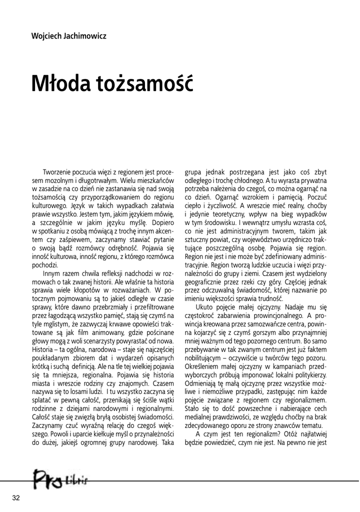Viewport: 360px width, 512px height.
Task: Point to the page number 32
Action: coord(16,497)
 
